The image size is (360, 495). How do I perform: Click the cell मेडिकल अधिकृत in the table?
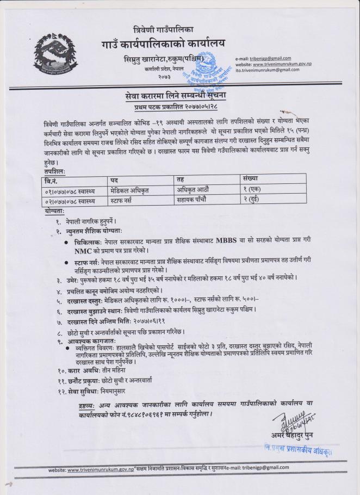(x=131, y=190)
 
